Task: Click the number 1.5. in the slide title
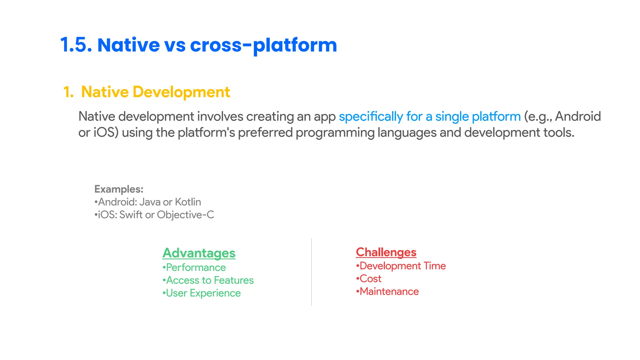pos(76,45)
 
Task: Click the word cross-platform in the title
pos(263,45)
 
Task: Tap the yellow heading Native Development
pos(155,92)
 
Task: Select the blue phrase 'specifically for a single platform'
pos(430,117)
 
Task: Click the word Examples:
pos(119,189)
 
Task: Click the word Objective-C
pos(185,215)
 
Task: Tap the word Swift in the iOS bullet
pos(131,215)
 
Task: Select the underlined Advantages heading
pos(199,253)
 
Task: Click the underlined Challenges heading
pos(386,252)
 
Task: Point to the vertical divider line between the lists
pos(312,272)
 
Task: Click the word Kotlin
pos(188,202)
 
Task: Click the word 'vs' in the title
pos(175,45)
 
